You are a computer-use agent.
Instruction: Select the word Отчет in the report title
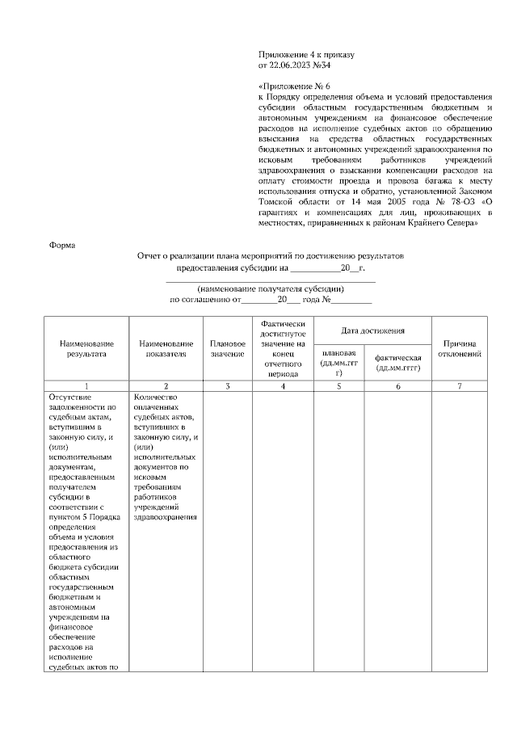coord(150,255)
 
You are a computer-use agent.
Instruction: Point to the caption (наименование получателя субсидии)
coord(271,288)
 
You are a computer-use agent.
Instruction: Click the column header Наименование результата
coord(86,348)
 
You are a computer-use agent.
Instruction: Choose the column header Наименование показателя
coord(166,348)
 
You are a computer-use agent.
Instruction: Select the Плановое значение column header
coord(228,348)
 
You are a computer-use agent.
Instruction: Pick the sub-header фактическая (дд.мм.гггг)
coord(398,363)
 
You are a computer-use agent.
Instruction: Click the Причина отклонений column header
coord(460,348)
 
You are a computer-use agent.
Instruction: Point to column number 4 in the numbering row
coord(283,386)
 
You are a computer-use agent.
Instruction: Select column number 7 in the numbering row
coord(460,386)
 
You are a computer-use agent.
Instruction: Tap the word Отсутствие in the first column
coord(71,397)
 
